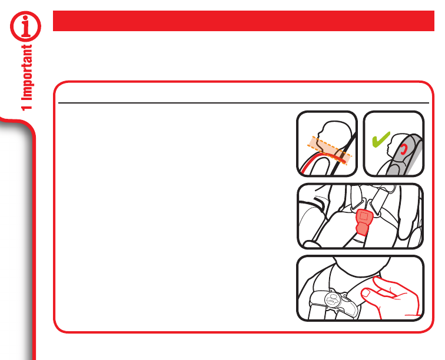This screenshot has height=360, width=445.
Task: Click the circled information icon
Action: coord(25,26)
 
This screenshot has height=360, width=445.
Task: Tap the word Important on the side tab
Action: coord(27,72)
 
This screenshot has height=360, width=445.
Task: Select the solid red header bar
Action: coord(244,21)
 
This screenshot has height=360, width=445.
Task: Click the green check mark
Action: coord(381,139)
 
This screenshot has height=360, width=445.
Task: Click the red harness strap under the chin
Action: coord(324,158)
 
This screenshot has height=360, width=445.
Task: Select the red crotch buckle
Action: coord(363,222)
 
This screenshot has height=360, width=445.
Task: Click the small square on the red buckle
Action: coord(364,216)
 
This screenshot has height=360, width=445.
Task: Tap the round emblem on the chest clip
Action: coord(333,299)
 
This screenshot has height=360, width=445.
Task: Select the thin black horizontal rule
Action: coord(244,103)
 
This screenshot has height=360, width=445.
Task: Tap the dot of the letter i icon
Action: coord(25,18)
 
